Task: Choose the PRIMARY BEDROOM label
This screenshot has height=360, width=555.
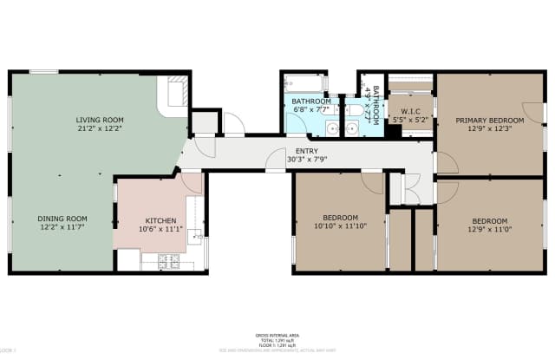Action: tap(491, 120)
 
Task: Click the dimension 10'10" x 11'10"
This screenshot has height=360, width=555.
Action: tap(341, 226)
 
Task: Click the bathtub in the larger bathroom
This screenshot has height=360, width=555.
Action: tap(306, 85)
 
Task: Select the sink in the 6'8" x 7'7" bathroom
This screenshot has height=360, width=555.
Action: tap(333, 128)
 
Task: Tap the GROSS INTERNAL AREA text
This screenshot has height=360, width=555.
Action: tap(277, 334)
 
